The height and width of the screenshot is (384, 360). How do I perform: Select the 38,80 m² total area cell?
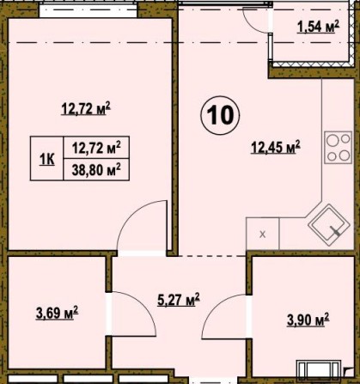click(95, 170)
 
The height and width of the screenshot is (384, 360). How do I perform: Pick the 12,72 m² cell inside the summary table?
click(95, 147)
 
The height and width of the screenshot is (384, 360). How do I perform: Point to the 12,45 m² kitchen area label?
click(275, 147)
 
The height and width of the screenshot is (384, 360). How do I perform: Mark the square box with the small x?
click(263, 234)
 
